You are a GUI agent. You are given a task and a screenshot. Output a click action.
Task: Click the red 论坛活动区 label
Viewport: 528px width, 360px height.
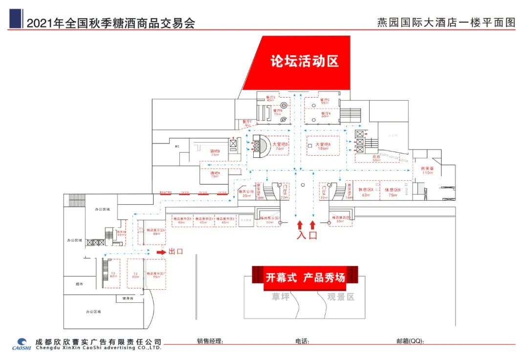[x=305, y=61]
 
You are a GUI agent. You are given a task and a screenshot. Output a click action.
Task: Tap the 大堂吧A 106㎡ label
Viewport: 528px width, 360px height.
[x=323, y=146]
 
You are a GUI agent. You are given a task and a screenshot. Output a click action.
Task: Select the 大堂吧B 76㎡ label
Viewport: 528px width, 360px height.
[x=280, y=146]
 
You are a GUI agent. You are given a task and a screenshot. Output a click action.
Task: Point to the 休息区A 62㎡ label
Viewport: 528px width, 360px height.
[x=365, y=191]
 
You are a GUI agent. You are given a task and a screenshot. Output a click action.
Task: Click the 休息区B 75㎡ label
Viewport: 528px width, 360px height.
[x=392, y=191]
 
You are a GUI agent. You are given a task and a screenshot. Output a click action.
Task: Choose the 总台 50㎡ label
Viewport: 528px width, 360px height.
[x=376, y=158]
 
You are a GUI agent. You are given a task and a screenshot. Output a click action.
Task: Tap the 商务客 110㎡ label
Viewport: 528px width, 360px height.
[x=427, y=170]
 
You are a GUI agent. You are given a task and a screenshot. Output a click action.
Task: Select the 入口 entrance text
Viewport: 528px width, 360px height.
[x=307, y=235]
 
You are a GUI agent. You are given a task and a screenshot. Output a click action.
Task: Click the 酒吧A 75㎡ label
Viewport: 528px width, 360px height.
[x=215, y=174]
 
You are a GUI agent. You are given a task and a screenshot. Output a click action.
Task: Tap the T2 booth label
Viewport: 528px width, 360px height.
[x=135, y=275]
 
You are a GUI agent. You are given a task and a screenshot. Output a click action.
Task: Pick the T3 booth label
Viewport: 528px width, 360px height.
[x=113, y=275]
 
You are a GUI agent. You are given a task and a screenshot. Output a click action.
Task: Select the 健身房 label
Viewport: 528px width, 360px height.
[x=128, y=298]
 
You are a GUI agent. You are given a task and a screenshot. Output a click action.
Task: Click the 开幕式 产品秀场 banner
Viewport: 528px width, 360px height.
[x=305, y=277]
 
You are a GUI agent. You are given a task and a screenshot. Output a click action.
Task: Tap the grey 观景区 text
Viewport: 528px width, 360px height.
[x=340, y=296]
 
